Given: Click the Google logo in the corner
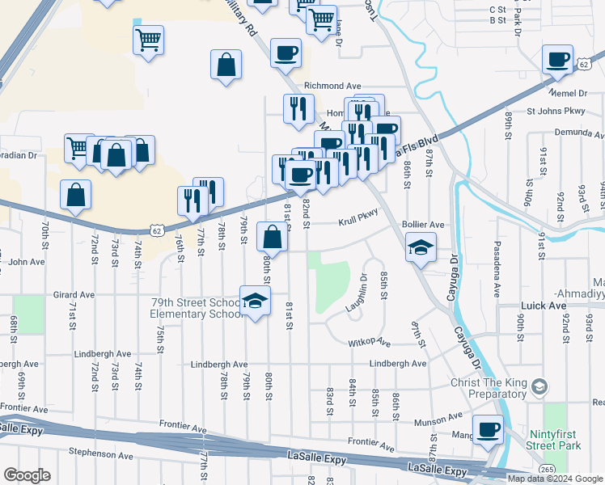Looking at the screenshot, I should [26, 475].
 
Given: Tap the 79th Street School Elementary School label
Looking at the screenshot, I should [197, 309].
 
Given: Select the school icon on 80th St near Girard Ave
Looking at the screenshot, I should [256, 301].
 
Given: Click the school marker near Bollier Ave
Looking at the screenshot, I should [421, 248].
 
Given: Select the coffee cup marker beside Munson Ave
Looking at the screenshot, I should [488, 430].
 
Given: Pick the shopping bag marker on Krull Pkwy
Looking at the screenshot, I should [273, 238].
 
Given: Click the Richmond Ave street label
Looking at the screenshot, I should [332, 85].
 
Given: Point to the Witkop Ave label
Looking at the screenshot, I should [370, 343].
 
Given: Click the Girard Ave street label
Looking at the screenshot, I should [74, 295].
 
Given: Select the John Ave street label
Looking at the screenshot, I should [26, 262].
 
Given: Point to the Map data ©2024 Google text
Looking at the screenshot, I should [555, 479].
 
